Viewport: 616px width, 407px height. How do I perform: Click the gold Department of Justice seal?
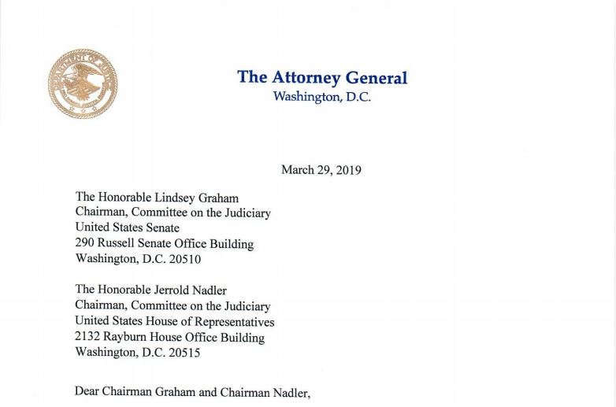(83, 84)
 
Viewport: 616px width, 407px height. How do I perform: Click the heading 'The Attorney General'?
(322, 77)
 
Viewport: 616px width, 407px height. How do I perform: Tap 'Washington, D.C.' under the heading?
(321, 97)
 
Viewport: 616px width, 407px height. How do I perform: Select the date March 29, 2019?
(321, 169)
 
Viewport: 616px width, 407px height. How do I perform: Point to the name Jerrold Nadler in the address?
(188, 290)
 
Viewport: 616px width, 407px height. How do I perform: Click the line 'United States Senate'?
(127, 228)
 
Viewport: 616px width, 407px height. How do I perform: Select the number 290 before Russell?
(85, 244)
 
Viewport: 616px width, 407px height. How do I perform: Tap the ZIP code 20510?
(185, 259)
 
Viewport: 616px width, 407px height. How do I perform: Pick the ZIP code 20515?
(185, 353)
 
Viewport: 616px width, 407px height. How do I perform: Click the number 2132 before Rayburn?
(88, 338)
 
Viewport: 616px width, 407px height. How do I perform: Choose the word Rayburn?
(128, 338)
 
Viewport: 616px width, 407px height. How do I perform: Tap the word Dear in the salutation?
(88, 391)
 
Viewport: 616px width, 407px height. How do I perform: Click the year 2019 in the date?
(347, 169)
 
